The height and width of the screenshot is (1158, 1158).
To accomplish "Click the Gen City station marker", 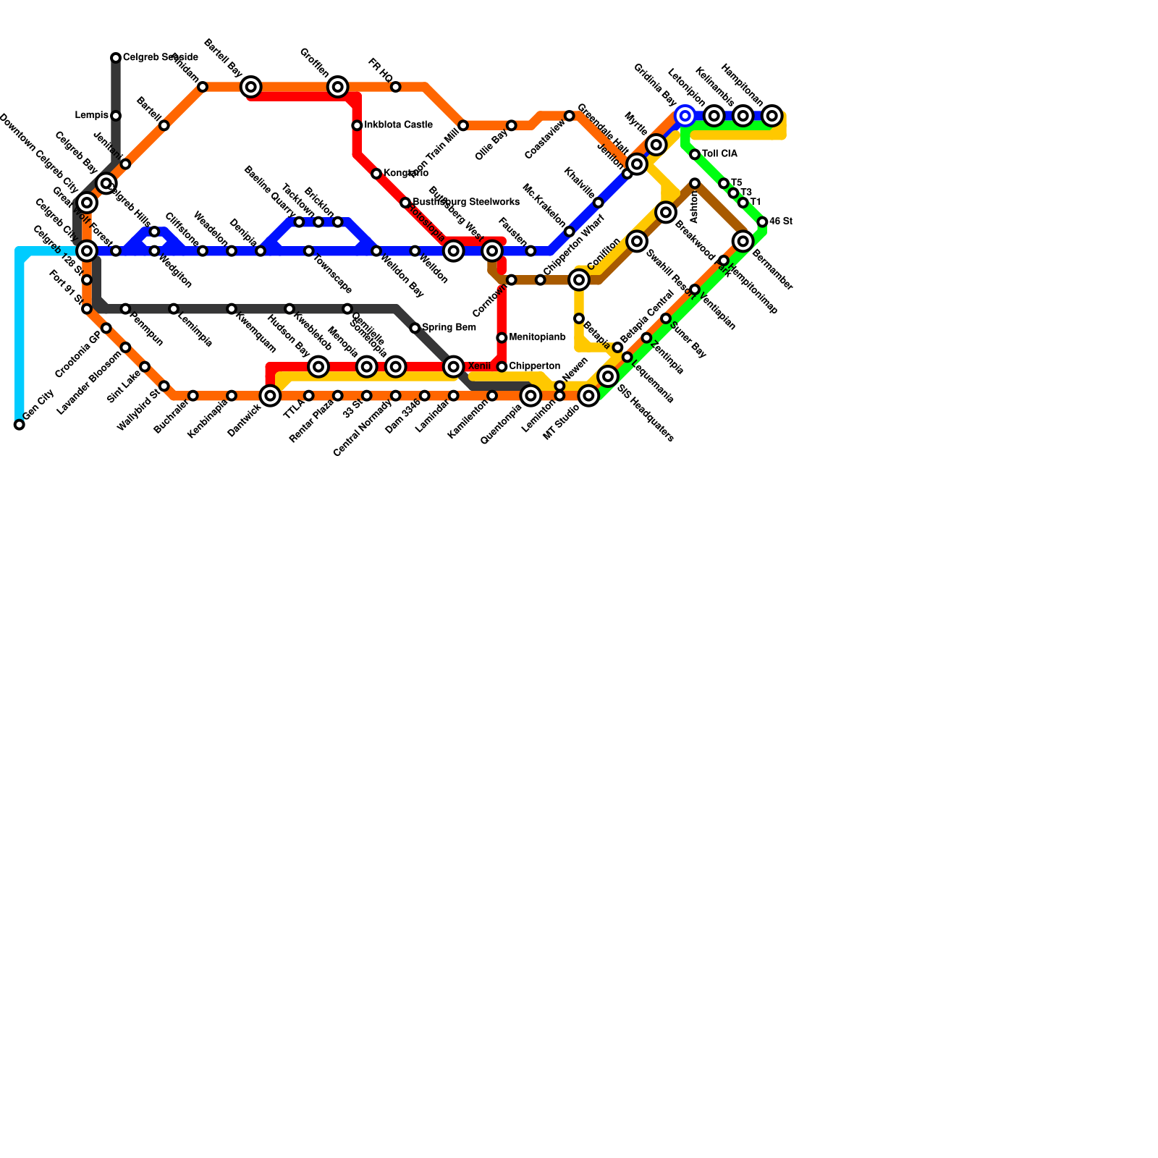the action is coord(19,425).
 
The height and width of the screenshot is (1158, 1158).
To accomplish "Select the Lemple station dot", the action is coord(116,116).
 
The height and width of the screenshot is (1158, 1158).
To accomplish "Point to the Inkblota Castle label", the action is coord(398,125).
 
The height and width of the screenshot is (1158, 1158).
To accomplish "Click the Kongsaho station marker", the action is coord(376,174).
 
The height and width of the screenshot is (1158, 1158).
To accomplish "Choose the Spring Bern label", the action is coord(449,328).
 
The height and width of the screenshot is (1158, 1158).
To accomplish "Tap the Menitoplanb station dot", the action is coord(502,338).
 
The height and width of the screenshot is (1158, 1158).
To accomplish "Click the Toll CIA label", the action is coord(719,154).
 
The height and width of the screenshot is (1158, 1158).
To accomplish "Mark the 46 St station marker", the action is coord(762,222).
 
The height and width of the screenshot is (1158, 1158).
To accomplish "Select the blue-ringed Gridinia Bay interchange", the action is coord(685,116).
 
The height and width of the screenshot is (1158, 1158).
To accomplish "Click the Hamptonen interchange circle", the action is coord(772,116).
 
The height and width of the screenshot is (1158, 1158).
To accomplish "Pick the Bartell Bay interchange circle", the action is coord(251,87).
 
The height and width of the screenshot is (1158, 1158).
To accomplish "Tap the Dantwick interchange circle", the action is coord(270,396).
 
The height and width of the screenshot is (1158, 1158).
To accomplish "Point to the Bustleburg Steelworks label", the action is coord(466,202).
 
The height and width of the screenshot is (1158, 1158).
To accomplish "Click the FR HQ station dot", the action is coord(396,87).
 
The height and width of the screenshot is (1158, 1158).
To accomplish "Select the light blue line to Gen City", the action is coord(19,333).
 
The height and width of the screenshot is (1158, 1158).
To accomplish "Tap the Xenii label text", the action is coord(479,366).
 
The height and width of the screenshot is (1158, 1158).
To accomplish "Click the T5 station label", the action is coord(737,182).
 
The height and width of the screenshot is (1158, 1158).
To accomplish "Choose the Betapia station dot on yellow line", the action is coord(579,318).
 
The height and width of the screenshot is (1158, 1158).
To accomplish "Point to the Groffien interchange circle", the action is coord(338,87).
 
